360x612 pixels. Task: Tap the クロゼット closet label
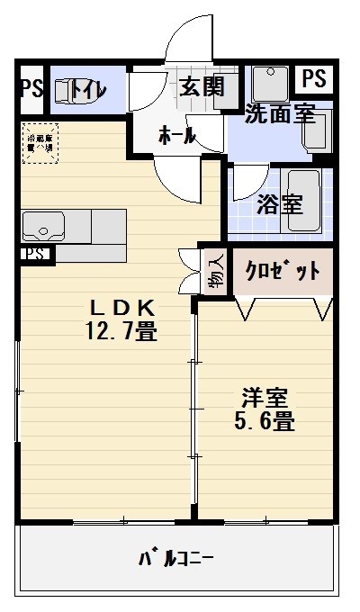(283, 272)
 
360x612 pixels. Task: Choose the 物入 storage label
(217, 271)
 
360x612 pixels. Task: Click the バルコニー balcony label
(175, 559)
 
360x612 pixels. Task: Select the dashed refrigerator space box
(40, 144)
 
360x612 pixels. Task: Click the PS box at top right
(313, 79)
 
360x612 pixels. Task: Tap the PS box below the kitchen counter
(35, 254)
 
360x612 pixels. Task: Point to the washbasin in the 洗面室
(267, 84)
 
